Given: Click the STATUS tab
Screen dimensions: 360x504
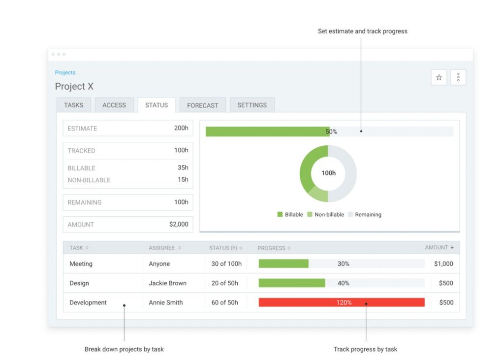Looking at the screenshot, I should coord(157,105).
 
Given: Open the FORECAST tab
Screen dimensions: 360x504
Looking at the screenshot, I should coord(202,105).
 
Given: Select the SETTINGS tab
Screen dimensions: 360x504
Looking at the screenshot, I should coord(252,105).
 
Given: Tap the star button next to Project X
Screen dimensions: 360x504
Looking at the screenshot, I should coord(439,77).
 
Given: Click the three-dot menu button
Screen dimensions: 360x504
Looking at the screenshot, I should coord(458,77).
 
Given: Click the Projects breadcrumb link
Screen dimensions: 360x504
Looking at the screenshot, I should coord(65,72).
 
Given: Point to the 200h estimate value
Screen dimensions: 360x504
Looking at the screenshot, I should coord(181,128).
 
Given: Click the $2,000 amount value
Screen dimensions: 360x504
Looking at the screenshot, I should coord(179,224).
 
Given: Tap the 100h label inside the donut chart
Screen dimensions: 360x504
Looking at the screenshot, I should coord(328,173).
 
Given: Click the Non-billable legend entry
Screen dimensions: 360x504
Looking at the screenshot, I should coord(325,215).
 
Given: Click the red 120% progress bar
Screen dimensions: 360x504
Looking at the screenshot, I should coord(342,302).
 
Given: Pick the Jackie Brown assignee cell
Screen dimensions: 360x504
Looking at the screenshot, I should coord(167,283).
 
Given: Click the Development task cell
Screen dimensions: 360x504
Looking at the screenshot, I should coord(88,302).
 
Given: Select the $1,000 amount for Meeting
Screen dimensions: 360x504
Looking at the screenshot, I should coord(443,264).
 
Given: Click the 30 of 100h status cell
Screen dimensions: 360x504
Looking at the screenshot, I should coord(226,264).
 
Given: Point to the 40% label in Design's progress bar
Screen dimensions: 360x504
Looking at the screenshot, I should coord(344,283).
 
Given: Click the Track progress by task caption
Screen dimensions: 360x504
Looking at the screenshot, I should coord(365,349).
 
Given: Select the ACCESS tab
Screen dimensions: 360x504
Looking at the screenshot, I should coord(114,105).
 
